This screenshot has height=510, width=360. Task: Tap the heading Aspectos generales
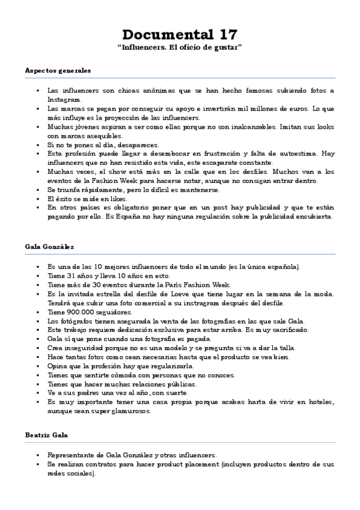(58, 70)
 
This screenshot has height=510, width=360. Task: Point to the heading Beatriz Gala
(46, 434)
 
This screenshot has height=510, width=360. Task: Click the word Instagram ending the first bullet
(64, 99)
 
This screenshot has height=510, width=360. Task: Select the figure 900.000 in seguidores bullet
(80, 313)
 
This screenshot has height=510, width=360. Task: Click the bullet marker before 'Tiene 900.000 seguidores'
(37, 313)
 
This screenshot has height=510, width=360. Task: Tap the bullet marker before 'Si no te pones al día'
(37, 145)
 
